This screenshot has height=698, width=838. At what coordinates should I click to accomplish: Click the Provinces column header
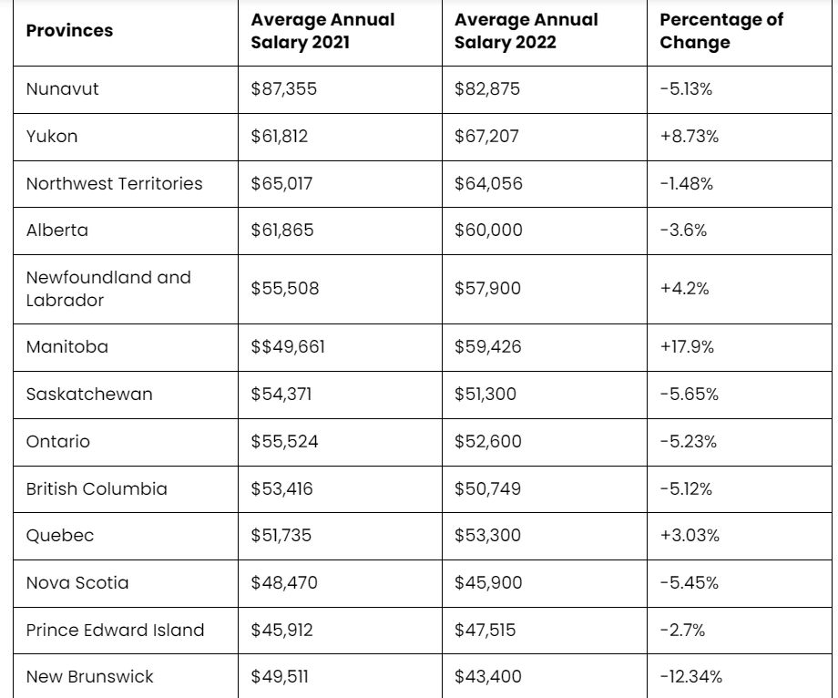(69, 31)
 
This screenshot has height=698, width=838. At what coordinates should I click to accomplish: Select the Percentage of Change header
(721, 30)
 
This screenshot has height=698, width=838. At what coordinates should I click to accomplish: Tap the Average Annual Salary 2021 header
(322, 30)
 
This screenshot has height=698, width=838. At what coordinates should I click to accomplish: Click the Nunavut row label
(63, 88)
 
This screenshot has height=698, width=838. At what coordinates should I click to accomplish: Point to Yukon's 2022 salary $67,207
(486, 136)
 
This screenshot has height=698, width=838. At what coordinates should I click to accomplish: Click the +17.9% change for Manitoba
(687, 347)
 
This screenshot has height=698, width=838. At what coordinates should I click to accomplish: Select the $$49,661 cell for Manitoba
(288, 347)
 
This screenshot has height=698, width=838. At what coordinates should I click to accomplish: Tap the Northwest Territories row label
(115, 183)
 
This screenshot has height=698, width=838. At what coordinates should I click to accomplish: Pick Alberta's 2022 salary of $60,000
(488, 231)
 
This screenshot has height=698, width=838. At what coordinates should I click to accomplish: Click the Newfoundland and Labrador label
(108, 289)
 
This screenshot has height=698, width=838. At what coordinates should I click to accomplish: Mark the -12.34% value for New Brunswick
(691, 677)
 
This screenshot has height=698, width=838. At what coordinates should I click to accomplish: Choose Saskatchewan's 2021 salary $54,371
(281, 395)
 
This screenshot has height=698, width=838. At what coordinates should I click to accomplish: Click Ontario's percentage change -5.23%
(689, 441)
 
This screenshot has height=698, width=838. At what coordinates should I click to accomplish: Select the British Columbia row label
(97, 489)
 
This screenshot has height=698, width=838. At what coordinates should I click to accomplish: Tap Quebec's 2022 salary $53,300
(487, 536)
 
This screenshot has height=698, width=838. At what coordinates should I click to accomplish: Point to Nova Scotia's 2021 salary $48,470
(284, 582)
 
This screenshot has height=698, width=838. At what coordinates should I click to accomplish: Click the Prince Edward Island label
(115, 631)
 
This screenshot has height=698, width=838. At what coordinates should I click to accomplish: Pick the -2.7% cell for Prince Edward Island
(682, 631)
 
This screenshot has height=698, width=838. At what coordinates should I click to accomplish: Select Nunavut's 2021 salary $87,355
(284, 88)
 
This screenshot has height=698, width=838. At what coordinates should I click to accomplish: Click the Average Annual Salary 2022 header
(526, 30)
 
